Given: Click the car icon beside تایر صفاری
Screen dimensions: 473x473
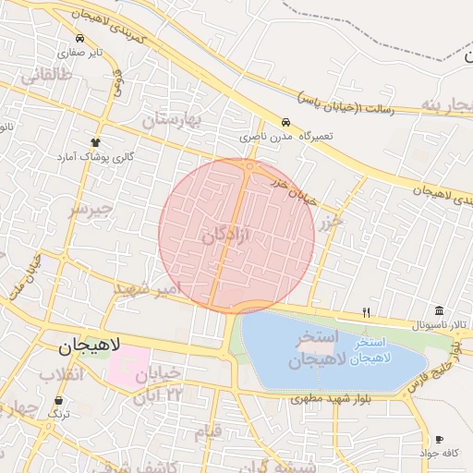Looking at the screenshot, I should pos(82,40).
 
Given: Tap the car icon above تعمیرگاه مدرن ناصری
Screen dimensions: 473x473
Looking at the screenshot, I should pos(285,122).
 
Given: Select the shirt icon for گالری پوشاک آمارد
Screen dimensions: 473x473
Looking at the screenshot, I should pos(94,141).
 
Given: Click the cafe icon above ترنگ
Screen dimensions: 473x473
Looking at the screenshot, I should pos(60,401).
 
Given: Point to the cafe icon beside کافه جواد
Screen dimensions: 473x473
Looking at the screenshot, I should pos(439,439).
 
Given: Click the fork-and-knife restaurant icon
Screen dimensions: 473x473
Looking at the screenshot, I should pos(366,311).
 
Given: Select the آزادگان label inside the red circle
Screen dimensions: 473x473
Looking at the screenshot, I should pos(226,237).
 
